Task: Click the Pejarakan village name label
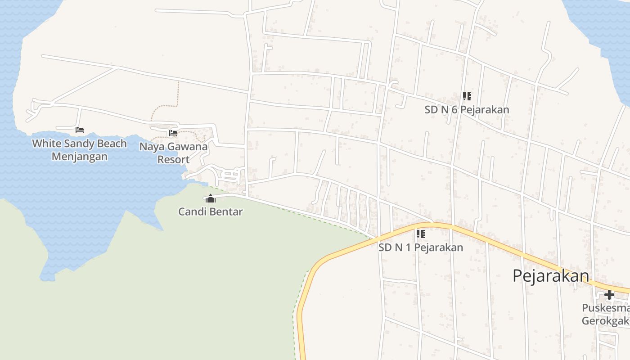pyautogui.click(x=550, y=275)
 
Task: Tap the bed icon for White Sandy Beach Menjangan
pyautogui.click(x=80, y=130)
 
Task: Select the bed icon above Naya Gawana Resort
pyautogui.click(x=173, y=133)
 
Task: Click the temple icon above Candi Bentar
pyautogui.click(x=210, y=198)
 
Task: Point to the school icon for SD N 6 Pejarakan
pyautogui.click(x=467, y=96)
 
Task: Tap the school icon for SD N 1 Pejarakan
pyautogui.click(x=420, y=234)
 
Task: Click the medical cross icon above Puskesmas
pyautogui.click(x=609, y=295)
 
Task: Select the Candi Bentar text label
pyautogui.click(x=210, y=211)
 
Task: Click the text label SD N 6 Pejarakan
pyautogui.click(x=467, y=109)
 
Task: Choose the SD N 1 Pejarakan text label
pyautogui.click(x=420, y=247)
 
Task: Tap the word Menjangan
pyautogui.click(x=80, y=157)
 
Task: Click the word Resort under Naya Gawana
pyautogui.click(x=173, y=159)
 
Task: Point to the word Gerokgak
pyautogui.click(x=605, y=321)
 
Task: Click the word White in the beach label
pyautogui.click(x=46, y=144)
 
